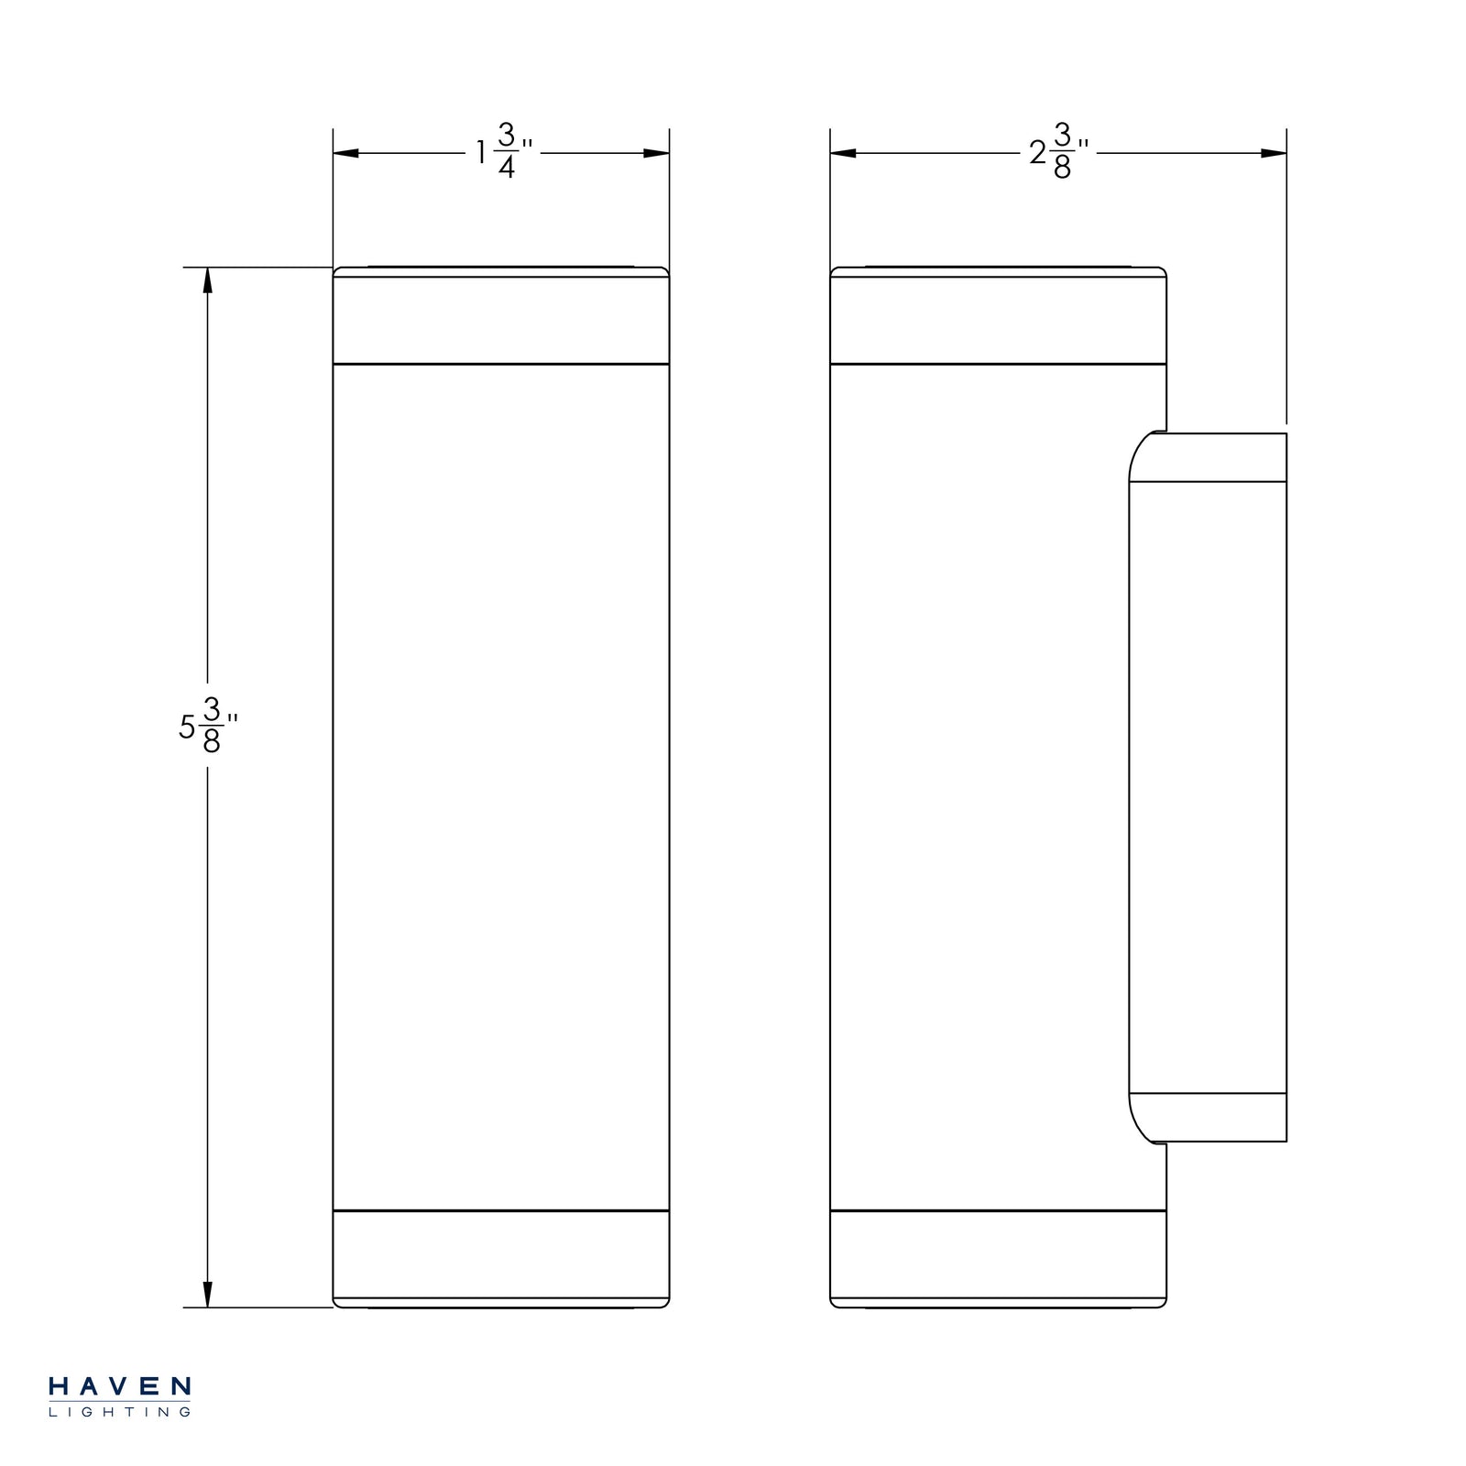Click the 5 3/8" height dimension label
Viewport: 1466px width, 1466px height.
pos(207,725)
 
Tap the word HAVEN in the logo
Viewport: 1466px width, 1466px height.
pos(119,1386)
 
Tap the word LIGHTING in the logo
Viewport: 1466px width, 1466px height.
pos(119,1412)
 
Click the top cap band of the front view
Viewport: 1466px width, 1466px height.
pos(500,320)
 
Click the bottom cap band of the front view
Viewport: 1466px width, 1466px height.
pos(500,1253)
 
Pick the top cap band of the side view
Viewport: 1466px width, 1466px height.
pos(998,320)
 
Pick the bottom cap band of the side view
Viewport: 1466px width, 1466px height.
pos(998,1253)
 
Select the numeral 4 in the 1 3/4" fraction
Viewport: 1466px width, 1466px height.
pos(507,169)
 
